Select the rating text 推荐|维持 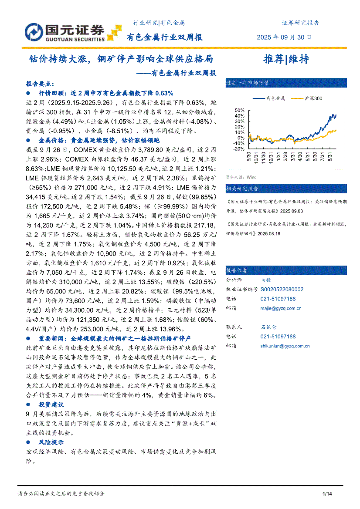(x=286, y=59)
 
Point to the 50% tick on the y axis (x=239, y=110)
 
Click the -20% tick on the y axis (x=239, y=148)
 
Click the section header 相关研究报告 (x=242, y=189)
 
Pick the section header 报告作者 (x=236, y=270)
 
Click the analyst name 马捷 (x=266, y=280)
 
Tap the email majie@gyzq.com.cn (x=281, y=308)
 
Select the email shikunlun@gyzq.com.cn (x=285, y=346)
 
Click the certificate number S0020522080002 (x=282, y=289)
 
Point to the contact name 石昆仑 (x=268, y=327)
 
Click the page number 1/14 (x=327, y=494)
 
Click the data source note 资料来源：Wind (x=241, y=177)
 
